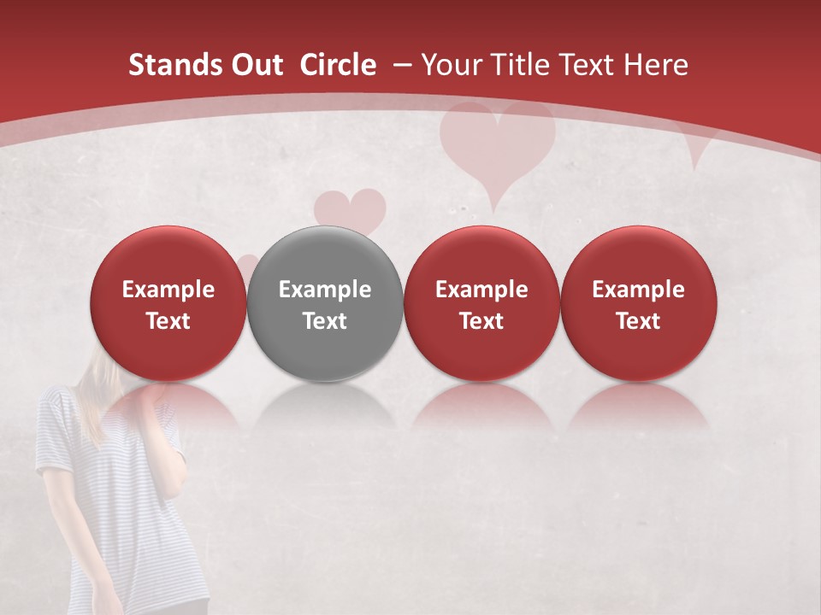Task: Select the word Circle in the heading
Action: click(338, 65)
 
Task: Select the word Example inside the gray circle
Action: click(325, 290)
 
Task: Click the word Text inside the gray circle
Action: click(325, 321)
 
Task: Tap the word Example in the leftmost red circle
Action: click(168, 290)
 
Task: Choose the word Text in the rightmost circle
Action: click(638, 321)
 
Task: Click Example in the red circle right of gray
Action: click(481, 290)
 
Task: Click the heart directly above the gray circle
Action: click(350, 209)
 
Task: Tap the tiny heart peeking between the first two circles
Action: click(247, 265)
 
